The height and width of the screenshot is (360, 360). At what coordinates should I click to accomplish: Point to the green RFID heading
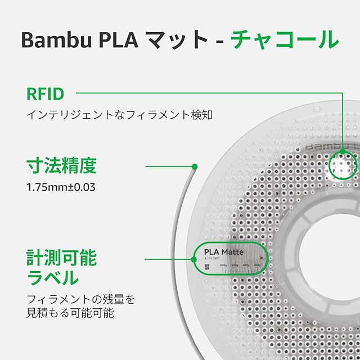(x=45, y=93)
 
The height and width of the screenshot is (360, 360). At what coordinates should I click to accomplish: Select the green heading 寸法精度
(x=61, y=166)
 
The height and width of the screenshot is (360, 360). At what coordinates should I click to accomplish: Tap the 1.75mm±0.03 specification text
(x=61, y=186)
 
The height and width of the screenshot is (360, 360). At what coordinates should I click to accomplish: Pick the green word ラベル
(x=53, y=278)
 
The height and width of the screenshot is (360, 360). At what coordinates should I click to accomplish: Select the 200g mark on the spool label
(x=257, y=265)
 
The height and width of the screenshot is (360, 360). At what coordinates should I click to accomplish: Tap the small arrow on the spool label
(x=262, y=258)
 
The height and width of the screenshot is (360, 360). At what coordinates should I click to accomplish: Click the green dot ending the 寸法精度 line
(x=194, y=166)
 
